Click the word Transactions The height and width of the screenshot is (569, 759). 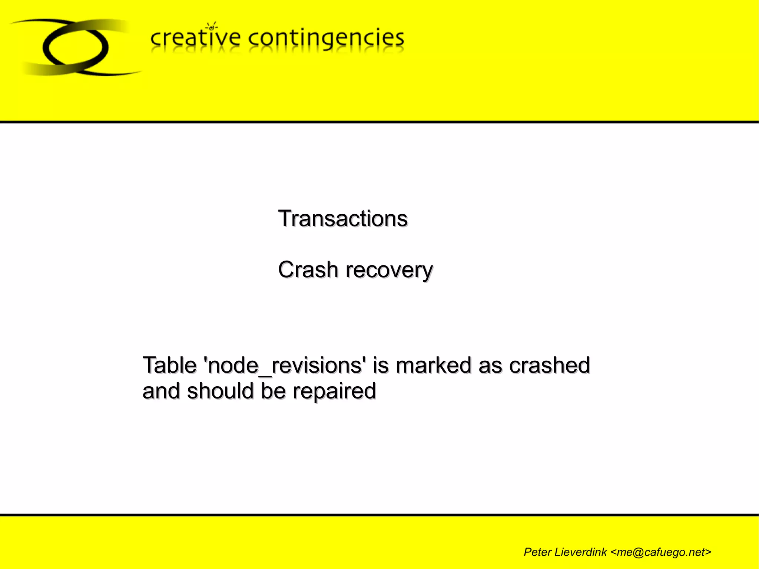coord(343,218)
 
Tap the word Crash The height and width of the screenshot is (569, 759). coord(308,269)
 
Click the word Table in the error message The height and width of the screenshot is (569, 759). coord(169,365)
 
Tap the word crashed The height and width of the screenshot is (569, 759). coord(549,365)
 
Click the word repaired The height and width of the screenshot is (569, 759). coord(334,391)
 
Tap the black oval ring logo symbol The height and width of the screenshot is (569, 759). coord(76,47)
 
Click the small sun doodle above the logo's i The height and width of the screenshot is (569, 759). coord(212,26)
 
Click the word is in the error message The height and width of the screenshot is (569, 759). coord(381,365)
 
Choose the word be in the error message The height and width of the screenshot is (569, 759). coord(273,391)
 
